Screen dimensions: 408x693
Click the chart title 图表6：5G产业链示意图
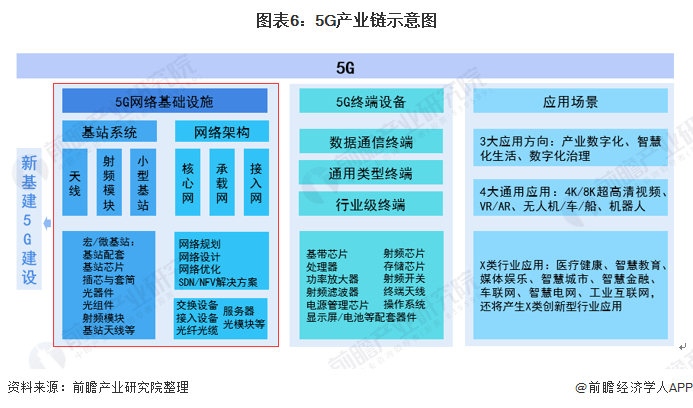pos(345,19)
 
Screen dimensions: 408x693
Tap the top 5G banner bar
pos(345,67)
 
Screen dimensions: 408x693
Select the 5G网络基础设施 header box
pos(164,101)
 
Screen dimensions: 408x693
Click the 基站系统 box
pos(109,132)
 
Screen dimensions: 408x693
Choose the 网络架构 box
pos(221,132)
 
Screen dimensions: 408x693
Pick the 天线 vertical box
pos(76,182)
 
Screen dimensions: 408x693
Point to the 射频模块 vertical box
pos(110,182)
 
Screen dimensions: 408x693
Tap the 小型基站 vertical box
pos(143,182)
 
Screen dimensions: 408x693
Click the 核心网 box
pos(187,182)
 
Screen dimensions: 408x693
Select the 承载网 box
pos(222,182)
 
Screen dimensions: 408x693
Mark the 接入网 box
pos(256,182)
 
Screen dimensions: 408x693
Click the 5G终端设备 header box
pos(371,101)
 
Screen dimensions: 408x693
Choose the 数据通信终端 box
pos(371,141)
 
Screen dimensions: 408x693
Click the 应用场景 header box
pos(570,101)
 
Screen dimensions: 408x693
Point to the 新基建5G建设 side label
pos(29,219)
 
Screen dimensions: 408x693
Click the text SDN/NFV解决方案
pos(217,282)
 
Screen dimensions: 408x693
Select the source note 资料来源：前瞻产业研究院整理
pos(97,387)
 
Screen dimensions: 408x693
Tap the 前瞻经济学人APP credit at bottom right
pos(627,387)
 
